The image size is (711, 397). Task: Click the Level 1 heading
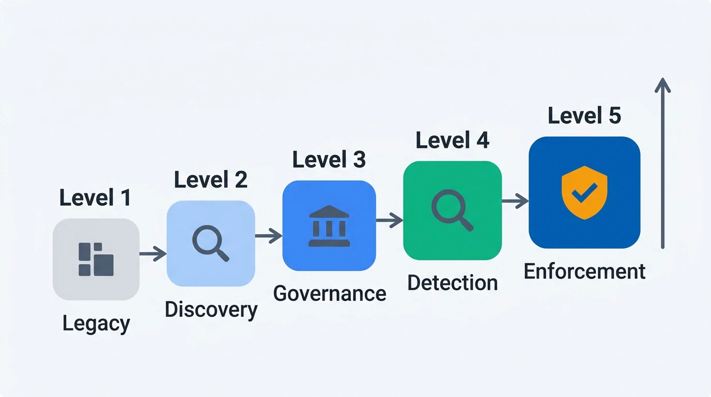click(x=95, y=197)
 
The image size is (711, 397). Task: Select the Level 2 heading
click(x=211, y=179)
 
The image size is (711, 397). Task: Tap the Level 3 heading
click(x=329, y=159)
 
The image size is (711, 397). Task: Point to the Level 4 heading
click(x=452, y=140)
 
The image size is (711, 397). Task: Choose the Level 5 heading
click(x=584, y=115)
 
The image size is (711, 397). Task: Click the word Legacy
click(x=96, y=324)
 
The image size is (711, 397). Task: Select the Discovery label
click(x=211, y=310)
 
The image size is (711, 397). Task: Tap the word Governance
click(x=330, y=294)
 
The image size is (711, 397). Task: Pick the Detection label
click(x=453, y=283)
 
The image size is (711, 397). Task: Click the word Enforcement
click(x=585, y=271)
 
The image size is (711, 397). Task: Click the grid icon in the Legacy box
click(x=96, y=259)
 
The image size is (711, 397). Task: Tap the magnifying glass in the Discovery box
click(x=211, y=243)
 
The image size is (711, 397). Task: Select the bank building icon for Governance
click(x=329, y=226)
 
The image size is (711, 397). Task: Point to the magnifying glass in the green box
click(x=452, y=210)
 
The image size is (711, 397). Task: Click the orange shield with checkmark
click(x=584, y=192)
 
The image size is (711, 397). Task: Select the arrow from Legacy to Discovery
click(x=153, y=253)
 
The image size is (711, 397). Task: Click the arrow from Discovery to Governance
click(x=269, y=236)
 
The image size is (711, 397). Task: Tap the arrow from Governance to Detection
click(x=390, y=220)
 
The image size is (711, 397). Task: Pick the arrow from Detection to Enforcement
click(x=515, y=201)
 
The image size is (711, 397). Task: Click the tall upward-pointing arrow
click(x=663, y=163)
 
